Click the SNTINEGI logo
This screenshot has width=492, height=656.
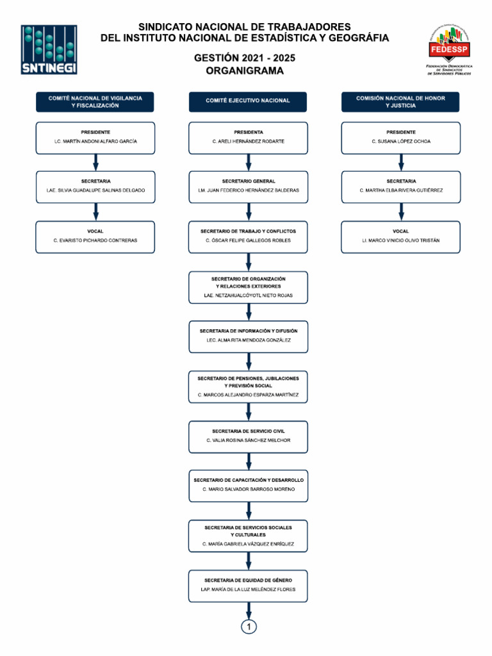tap(49, 49)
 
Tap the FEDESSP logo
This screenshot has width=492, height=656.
tap(449, 49)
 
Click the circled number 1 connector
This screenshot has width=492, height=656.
tap(249, 627)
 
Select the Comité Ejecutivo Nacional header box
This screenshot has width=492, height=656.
tap(248, 102)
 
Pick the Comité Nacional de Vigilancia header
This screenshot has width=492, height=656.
tap(95, 102)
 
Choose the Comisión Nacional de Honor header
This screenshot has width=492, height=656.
tap(400, 102)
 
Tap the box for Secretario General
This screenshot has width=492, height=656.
tap(248, 187)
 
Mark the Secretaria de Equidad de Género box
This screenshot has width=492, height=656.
tap(248, 586)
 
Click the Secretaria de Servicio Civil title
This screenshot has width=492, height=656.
tap(248, 431)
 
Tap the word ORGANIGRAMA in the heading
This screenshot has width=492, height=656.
tap(245, 70)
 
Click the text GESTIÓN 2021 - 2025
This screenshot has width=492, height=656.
tap(245, 58)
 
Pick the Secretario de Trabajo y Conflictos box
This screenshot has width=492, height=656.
tap(248, 237)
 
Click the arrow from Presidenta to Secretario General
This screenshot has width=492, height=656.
tap(249, 162)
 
